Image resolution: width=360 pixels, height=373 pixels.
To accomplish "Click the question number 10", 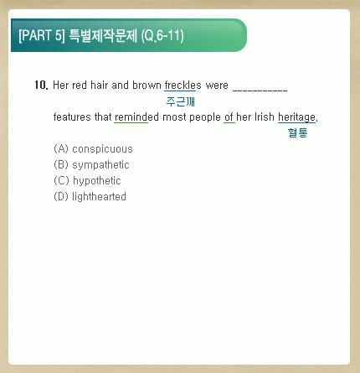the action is coord(42,85).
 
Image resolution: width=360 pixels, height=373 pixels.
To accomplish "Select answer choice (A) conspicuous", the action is coord(93,149).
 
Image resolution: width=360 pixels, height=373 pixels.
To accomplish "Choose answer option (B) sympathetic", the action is coord(91,165).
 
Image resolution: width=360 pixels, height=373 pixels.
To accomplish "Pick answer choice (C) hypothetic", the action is coord(87,181).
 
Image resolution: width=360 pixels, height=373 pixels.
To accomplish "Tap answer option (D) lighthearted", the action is coord(90,196).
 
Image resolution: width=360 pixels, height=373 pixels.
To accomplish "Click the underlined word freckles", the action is coord(183,85).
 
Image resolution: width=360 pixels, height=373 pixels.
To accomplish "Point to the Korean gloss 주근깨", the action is coord(180,101).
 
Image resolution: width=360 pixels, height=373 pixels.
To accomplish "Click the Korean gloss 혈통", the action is coord(297,132).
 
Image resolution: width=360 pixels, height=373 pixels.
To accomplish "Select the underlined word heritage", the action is coord(297,117).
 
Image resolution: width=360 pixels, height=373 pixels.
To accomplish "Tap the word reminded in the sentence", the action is coord(136,117).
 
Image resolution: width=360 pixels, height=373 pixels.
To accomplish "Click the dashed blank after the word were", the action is coord(260,90).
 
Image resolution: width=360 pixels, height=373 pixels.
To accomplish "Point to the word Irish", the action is coord(265,117).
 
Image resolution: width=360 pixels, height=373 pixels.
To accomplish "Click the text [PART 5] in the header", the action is coord(42,35).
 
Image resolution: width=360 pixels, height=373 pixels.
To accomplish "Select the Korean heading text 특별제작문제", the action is coord(103,35).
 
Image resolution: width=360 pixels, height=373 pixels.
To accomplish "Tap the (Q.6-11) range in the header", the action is coord(162,36).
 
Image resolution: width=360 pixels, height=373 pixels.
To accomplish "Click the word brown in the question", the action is coord(147,85).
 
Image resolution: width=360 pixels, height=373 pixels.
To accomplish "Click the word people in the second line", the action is coord(205,117).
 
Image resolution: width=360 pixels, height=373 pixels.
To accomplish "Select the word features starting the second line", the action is coord(72,117).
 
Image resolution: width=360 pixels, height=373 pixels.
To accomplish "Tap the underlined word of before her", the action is coord(229,117).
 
